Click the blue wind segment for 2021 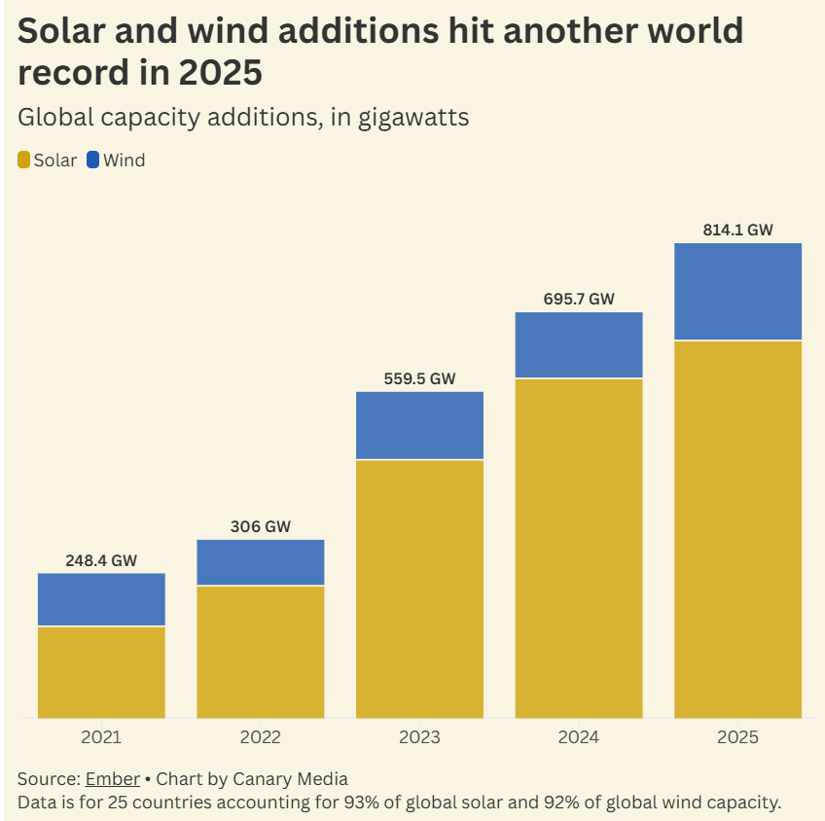(x=101, y=599)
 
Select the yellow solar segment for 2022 (x=260, y=652)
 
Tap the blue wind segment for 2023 (x=419, y=425)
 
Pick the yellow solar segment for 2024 (x=579, y=548)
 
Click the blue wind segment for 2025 (x=737, y=291)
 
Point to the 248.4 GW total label (x=101, y=560)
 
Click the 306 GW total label (x=260, y=526)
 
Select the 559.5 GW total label (x=419, y=378)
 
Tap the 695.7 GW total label (x=579, y=300)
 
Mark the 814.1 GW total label (x=737, y=231)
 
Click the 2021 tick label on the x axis (x=101, y=737)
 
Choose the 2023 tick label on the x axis (x=419, y=737)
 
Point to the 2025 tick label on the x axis (x=737, y=737)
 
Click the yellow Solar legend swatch (x=24, y=161)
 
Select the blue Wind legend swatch (x=93, y=161)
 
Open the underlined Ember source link (x=113, y=779)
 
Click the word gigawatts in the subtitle (x=412, y=118)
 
